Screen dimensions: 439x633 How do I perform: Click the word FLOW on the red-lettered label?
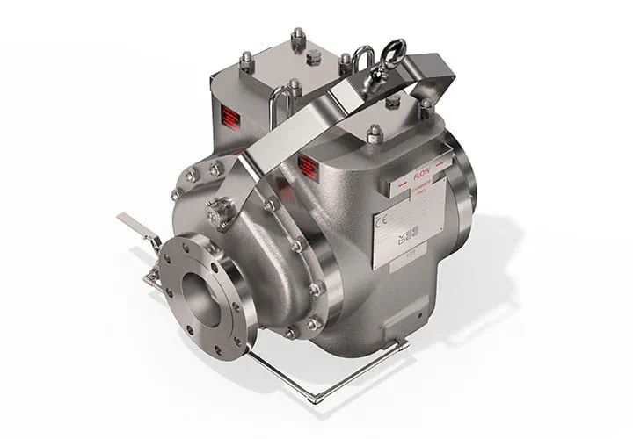421,175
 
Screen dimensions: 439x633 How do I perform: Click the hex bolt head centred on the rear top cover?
314,57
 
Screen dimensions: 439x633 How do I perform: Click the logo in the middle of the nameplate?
406,230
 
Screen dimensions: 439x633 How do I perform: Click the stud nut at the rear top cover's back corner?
296,36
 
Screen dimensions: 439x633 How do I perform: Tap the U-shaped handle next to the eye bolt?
362,61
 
